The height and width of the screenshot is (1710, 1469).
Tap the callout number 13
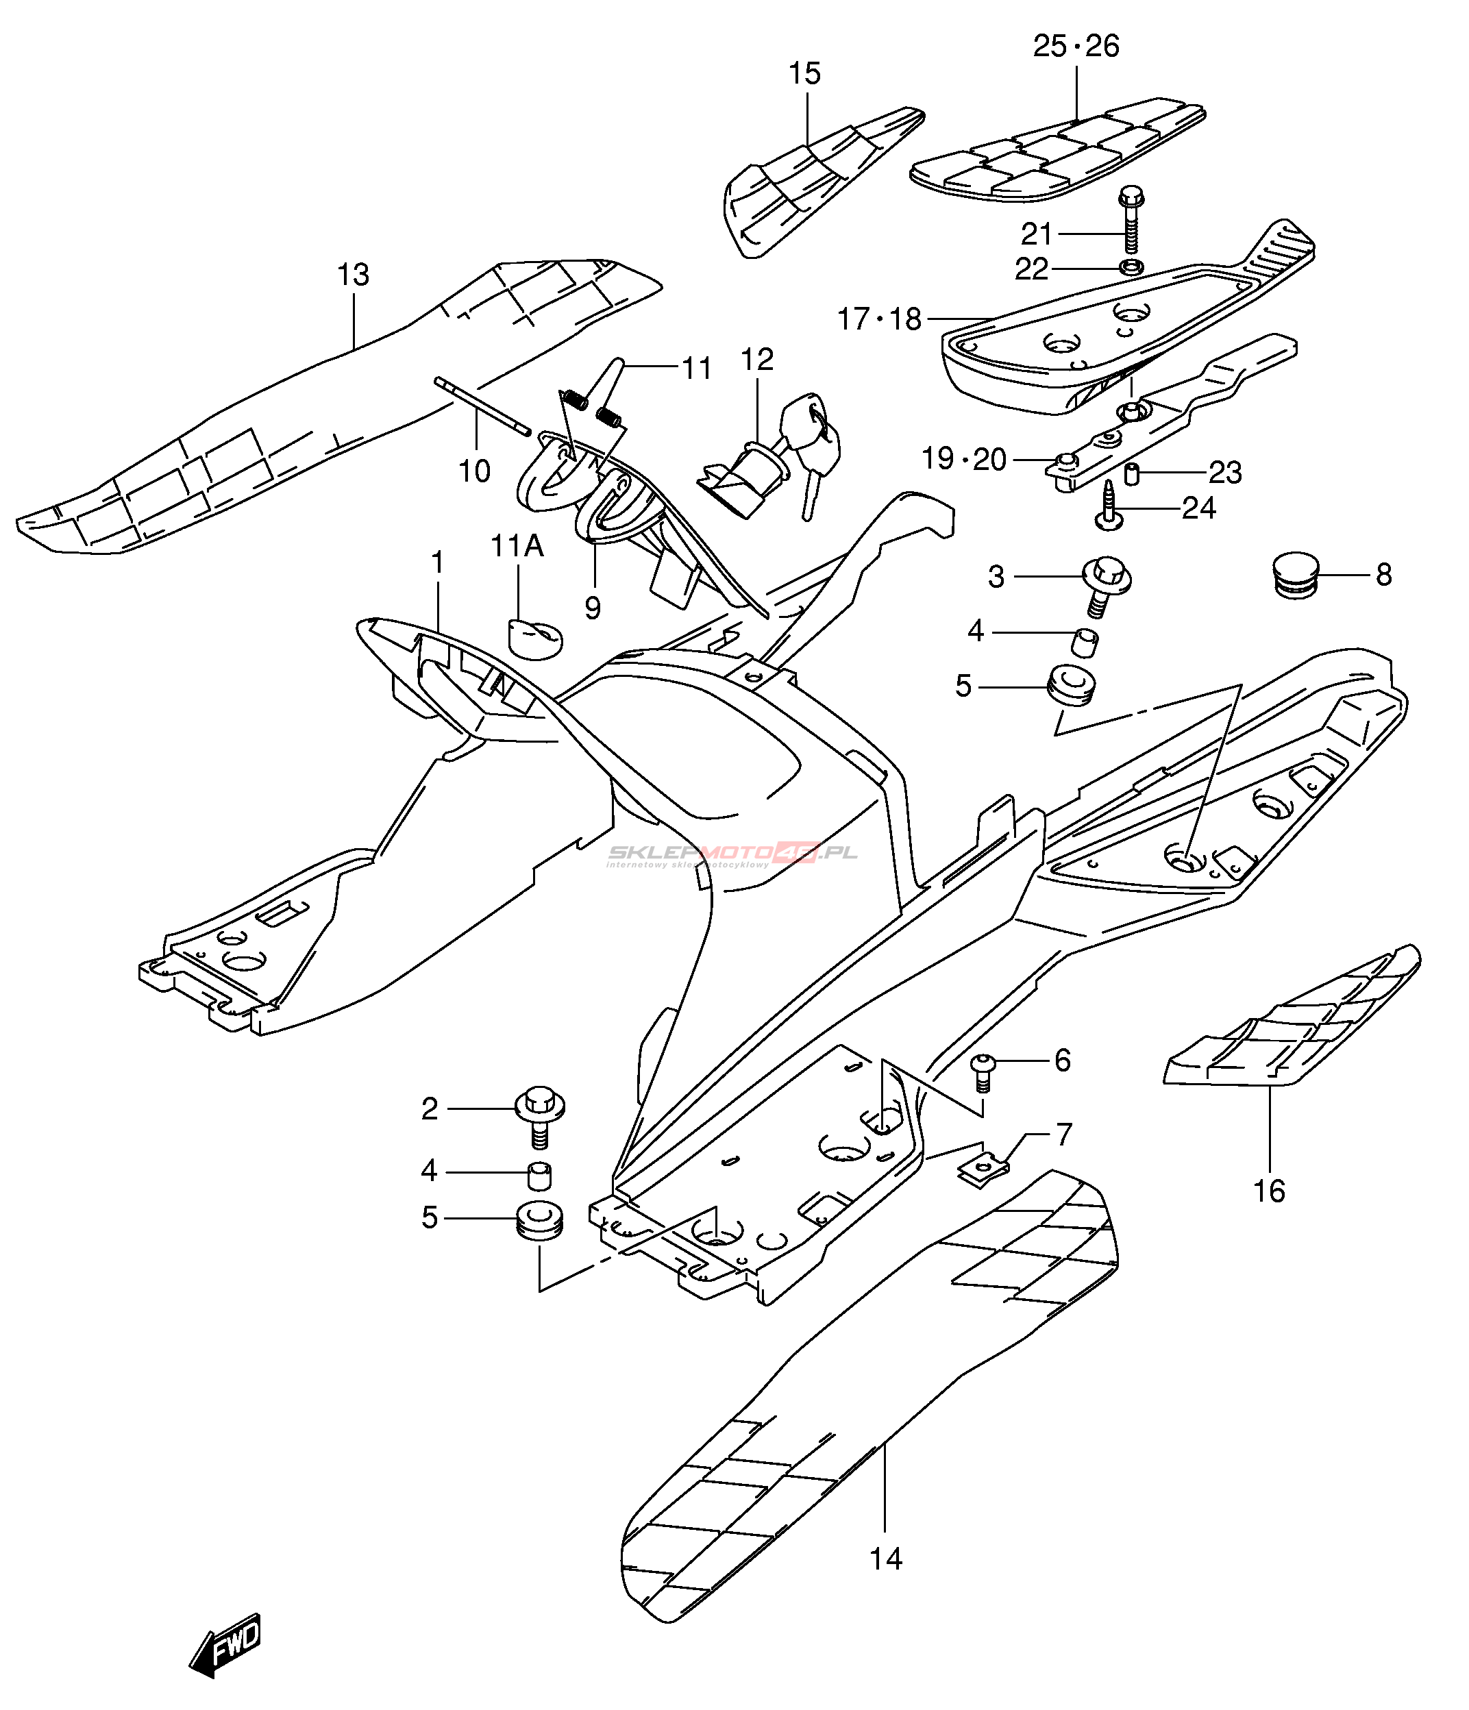click(354, 275)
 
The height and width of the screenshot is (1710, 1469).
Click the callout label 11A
click(517, 545)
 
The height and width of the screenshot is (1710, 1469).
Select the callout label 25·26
click(1076, 46)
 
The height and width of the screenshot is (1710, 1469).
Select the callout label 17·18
click(880, 319)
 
